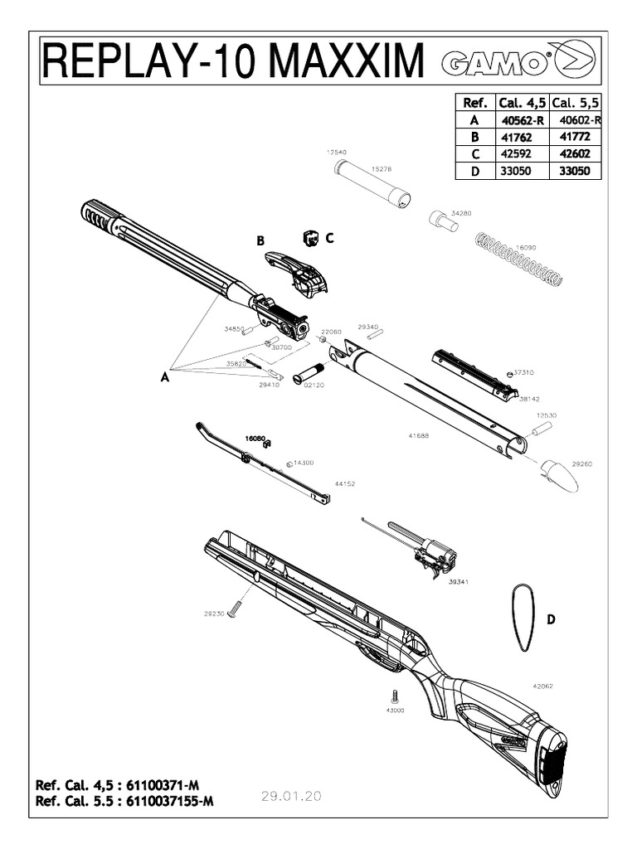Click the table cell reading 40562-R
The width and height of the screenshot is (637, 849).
point(523,120)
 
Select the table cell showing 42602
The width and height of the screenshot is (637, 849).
point(575,154)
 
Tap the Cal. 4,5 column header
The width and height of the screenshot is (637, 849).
point(523,103)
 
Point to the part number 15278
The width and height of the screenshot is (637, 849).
point(382,168)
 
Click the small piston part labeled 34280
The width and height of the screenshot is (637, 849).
point(444,221)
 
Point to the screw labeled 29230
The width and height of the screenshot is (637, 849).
point(234,609)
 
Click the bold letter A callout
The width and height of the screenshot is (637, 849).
point(165,376)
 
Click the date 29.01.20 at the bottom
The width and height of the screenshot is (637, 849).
point(290,796)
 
